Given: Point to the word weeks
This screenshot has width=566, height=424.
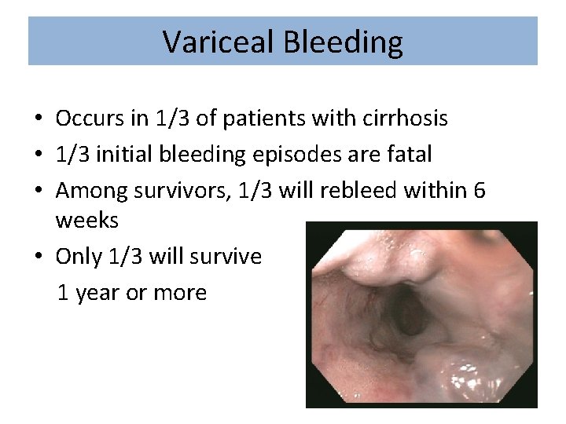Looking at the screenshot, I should [x=86, y=221].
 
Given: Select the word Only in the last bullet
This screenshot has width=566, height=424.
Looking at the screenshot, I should [x=79, y=256].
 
